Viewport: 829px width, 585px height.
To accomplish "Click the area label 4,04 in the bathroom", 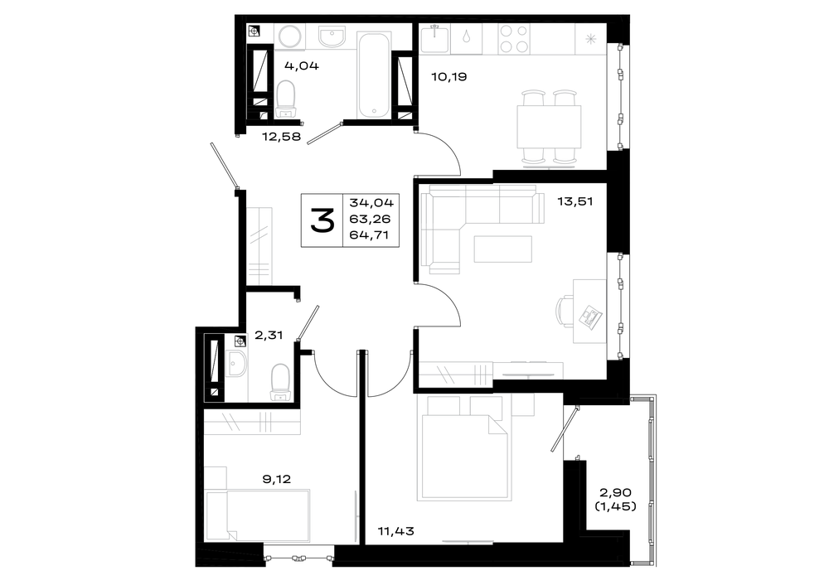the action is (302, 66).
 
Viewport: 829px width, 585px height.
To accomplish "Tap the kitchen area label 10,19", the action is (448, 76).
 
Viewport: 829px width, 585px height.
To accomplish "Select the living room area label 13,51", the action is (575, 201).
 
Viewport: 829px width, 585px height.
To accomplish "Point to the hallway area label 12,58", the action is (281, 137).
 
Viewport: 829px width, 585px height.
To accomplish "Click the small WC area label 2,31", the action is (269, 335).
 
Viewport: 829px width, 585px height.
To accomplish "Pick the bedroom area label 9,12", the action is (277, 479).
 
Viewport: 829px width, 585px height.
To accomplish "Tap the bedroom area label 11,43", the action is (396, 531).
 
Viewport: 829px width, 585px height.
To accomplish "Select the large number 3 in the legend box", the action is (322, 220).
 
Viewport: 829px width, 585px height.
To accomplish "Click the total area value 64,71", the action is (369, 235).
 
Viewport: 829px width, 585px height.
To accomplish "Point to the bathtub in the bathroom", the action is (375, 75).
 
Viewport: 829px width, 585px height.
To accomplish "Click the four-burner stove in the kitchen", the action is (514, 39).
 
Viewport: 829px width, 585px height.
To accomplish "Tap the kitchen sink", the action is (434, 39).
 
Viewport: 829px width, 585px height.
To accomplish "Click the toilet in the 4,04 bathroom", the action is (286, 99).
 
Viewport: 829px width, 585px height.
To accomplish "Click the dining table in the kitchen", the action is (549, 127).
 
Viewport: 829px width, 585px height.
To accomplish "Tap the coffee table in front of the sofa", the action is (503, 249).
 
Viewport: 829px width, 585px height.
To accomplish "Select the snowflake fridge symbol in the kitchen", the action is (591, 38).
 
